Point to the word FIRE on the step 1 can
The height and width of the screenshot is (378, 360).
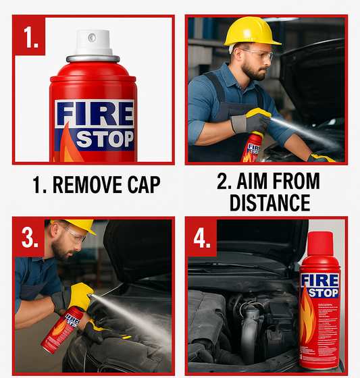(x=94, y=114)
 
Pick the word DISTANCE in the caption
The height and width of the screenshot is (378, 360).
(x=269, y=202)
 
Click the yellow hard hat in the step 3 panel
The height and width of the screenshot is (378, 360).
(x=78, y=225)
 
